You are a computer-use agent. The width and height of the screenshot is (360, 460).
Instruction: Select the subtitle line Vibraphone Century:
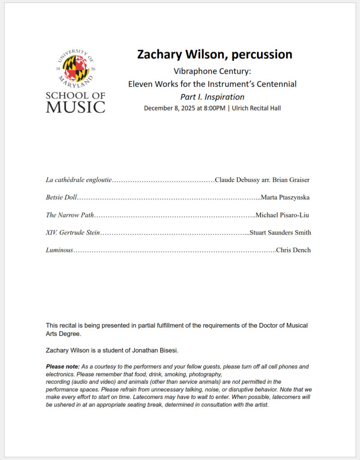point(212,71)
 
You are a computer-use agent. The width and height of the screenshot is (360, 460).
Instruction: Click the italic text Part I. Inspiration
point(212,97)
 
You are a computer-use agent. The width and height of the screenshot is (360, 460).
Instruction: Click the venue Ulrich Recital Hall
point(256,108)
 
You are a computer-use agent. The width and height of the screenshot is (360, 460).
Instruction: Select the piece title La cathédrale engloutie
point(79,180)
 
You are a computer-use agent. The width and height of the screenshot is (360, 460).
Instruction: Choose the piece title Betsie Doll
point(62,198)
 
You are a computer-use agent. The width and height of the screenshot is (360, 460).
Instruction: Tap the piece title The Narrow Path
point(70,215)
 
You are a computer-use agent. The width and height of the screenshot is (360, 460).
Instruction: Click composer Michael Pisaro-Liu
point(282,215)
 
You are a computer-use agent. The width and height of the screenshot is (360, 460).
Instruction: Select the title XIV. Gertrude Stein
point(73,233)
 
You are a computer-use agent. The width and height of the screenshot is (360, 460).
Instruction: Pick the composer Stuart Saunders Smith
point(280,233)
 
